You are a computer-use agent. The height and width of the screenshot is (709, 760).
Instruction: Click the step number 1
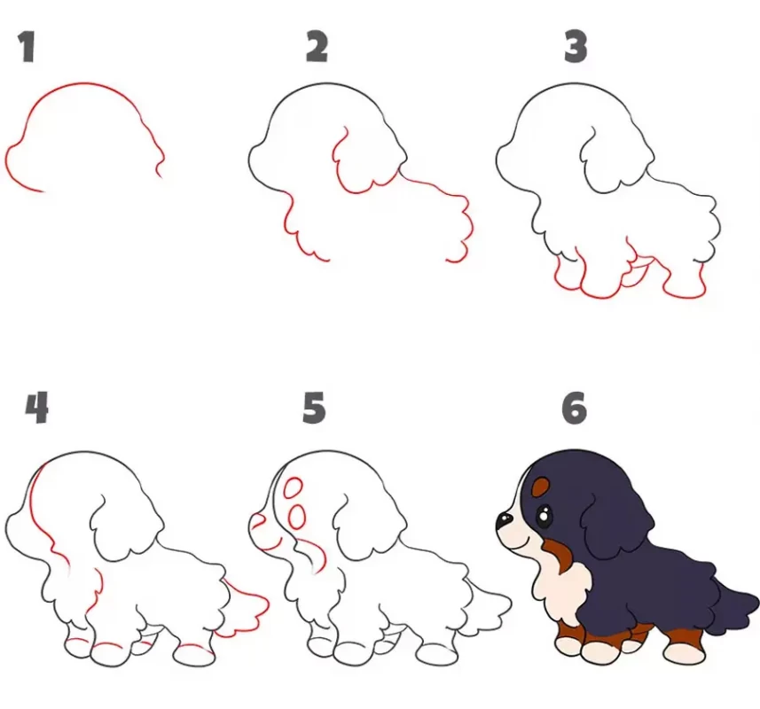[27, 47]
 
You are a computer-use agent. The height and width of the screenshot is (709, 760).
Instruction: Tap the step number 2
[317, 47]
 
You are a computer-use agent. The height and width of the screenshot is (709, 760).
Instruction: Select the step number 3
[576, 47]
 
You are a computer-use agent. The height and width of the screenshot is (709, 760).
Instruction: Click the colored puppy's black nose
[504, 520]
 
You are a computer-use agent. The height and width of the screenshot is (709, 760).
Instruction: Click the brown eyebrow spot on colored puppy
[540, 487]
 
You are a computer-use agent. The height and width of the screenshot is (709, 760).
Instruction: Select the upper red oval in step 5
[293, 488]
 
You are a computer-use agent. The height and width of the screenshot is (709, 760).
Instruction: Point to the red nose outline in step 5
[258, 520]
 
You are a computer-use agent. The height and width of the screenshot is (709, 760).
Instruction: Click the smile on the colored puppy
[522, 541]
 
